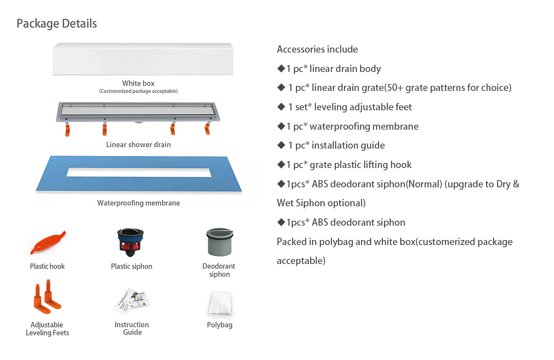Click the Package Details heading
pos(57,24)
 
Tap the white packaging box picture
pos(144,59)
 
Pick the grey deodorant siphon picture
pos(219,242)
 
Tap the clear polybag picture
pos(219,302)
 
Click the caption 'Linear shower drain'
pos(138,144)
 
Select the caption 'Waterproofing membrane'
pos(138,203)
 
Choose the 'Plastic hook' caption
pos(48,266)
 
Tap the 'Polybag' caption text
pos(220,325)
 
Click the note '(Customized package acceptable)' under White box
pos(138,91)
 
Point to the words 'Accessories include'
pos(317,49)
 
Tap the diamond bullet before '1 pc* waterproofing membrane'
pos(281,126)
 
